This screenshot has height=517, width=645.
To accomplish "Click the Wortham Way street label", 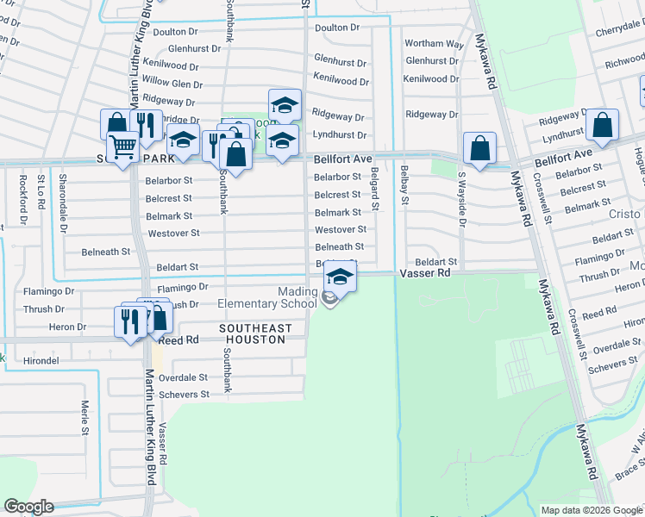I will (x=435, y=43).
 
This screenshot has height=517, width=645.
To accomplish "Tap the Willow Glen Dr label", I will (x=172, y=84).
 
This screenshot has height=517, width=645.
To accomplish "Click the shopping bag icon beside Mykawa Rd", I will (x=479, y=147).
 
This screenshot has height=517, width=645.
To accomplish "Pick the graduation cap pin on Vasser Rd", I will (x=341, y=277).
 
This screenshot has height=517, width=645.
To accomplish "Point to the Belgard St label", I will (x=375, y=190).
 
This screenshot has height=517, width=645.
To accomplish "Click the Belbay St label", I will (x=404, y=190).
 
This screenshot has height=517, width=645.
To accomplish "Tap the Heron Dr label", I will (x=68, y=327).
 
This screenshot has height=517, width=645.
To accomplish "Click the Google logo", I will (x=28, y=507).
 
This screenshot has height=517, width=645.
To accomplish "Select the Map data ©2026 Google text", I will (x=592, y=510).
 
